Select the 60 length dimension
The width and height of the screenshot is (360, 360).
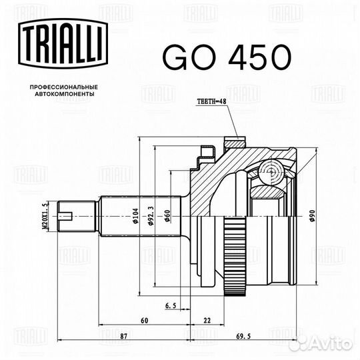click(145, 320)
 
